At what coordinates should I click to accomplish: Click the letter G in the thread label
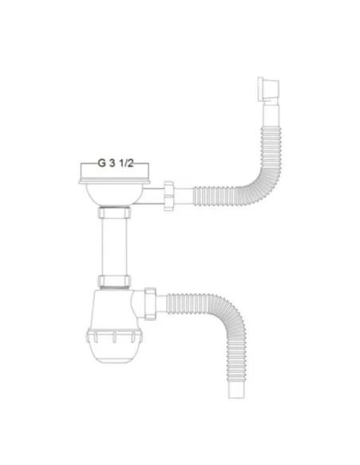click(x=101, y=162)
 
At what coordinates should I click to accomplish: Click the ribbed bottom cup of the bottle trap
click(x=116, y=342)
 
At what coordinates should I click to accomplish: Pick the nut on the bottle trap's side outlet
click(x=155, y=303)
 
